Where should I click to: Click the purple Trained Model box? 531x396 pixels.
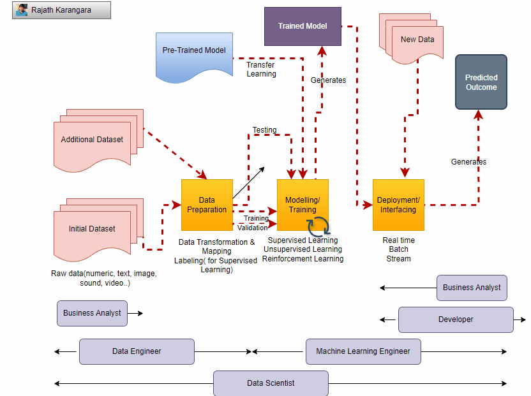[x=303, y=26]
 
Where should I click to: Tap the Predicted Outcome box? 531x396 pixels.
[x=481, y=82]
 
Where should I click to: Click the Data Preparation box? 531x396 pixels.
[x=206, y=205]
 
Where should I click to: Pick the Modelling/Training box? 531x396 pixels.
[x=302, y=205]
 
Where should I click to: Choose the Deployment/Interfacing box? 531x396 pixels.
[x=398, y=205]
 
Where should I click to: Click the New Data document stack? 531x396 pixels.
[x=416, y=40]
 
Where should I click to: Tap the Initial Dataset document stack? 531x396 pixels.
[x=93, y=230]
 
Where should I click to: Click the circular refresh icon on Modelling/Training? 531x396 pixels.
[x=318, y=226]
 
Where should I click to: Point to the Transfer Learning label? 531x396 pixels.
[x=261, y=70]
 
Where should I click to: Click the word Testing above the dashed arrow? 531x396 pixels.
[x=264, y=130]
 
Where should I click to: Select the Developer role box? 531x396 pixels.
[x=456, y=319]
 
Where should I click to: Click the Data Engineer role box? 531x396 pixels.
[x=137, y=351]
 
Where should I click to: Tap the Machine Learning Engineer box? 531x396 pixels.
[x=363, y=351]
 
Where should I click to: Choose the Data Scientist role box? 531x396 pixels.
[x=271, y=383]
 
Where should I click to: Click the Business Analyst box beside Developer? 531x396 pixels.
[x=472, y=288]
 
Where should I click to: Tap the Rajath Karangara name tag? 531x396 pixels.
[x=61, y=10]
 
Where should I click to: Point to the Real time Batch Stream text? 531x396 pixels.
[x=398, y=249]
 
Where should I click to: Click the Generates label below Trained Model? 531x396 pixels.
[x=328, y=80]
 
